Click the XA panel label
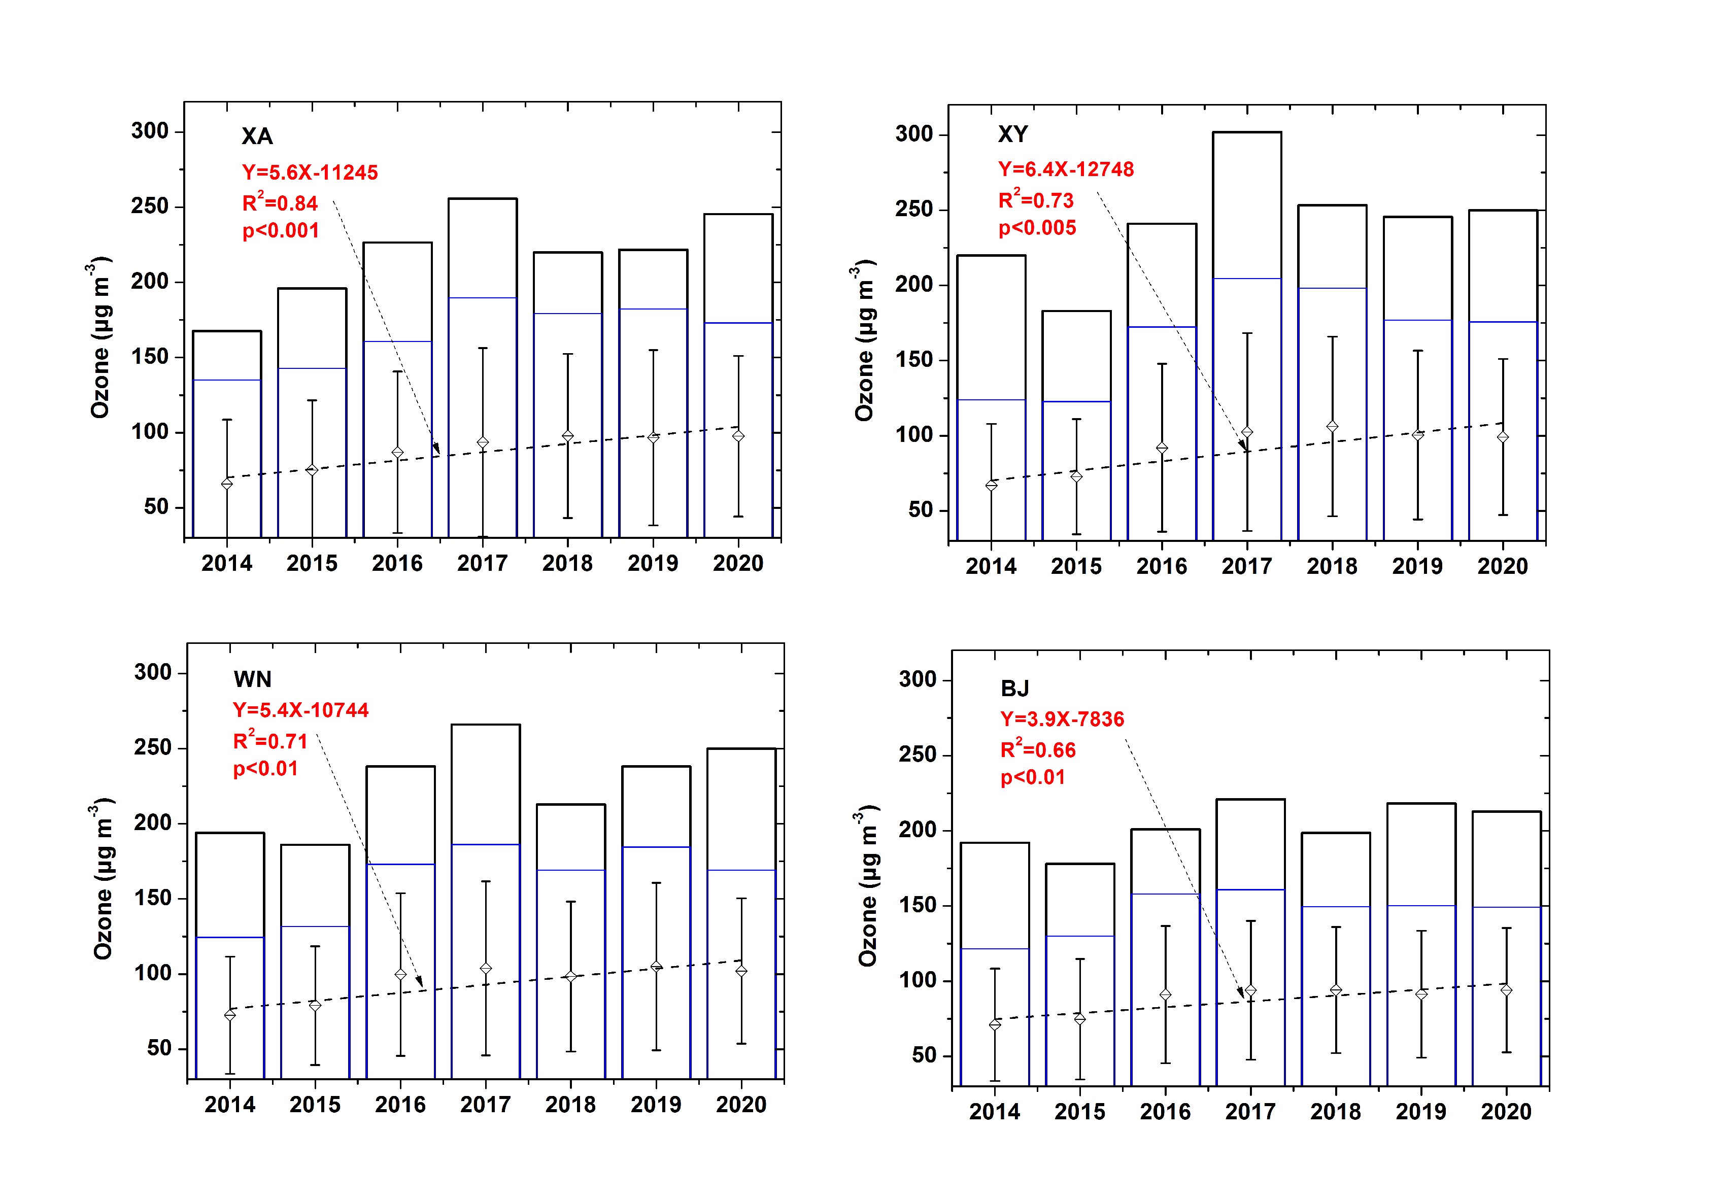[x=257, y=136]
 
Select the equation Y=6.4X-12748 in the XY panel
[x=1066, y=169]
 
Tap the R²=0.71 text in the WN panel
[x=270, y=741]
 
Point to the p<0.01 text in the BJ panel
[x=1033, y=777]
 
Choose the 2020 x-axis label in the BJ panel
[x=1506, y=1112]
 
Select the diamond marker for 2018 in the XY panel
[x=1332, y=427]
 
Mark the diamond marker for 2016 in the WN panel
[x=400, y=975]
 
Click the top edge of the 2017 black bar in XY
[x=1247, y=132]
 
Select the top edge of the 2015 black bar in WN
[x=315, y=845]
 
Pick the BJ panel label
[x=1014, y=688]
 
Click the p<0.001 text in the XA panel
[x=281, y=231]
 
